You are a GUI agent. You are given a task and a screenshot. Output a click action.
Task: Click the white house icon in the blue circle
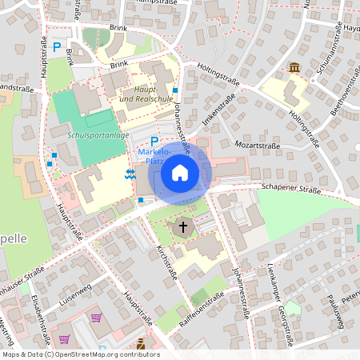[x=180, y=172]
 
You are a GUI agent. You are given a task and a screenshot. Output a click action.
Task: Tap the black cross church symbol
[x=182, y=227]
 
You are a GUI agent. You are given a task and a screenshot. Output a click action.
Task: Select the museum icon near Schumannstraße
[x=295, y=68]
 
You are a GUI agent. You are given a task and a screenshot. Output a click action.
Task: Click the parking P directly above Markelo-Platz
[x=154, y=141]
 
